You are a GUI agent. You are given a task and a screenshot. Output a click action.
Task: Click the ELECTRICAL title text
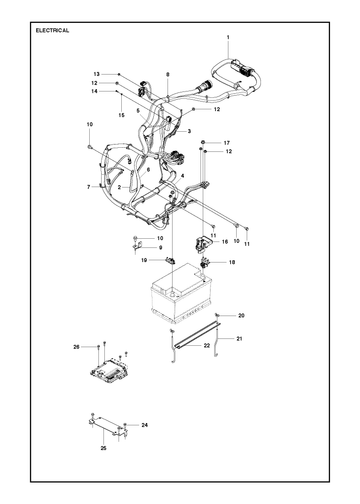52,30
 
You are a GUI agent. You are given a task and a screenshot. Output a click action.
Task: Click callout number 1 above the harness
228,37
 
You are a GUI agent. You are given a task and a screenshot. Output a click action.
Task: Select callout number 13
96,74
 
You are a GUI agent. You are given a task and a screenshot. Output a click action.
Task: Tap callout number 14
94,91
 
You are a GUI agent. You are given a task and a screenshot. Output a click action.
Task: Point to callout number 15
121,115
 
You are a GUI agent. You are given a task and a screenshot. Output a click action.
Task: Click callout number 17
227,143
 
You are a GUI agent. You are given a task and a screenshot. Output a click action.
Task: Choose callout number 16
225,242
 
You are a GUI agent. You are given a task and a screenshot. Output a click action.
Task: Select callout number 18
232,262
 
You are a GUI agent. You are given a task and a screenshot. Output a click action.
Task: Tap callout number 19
144,260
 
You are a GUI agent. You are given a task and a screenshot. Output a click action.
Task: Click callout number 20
241,315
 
